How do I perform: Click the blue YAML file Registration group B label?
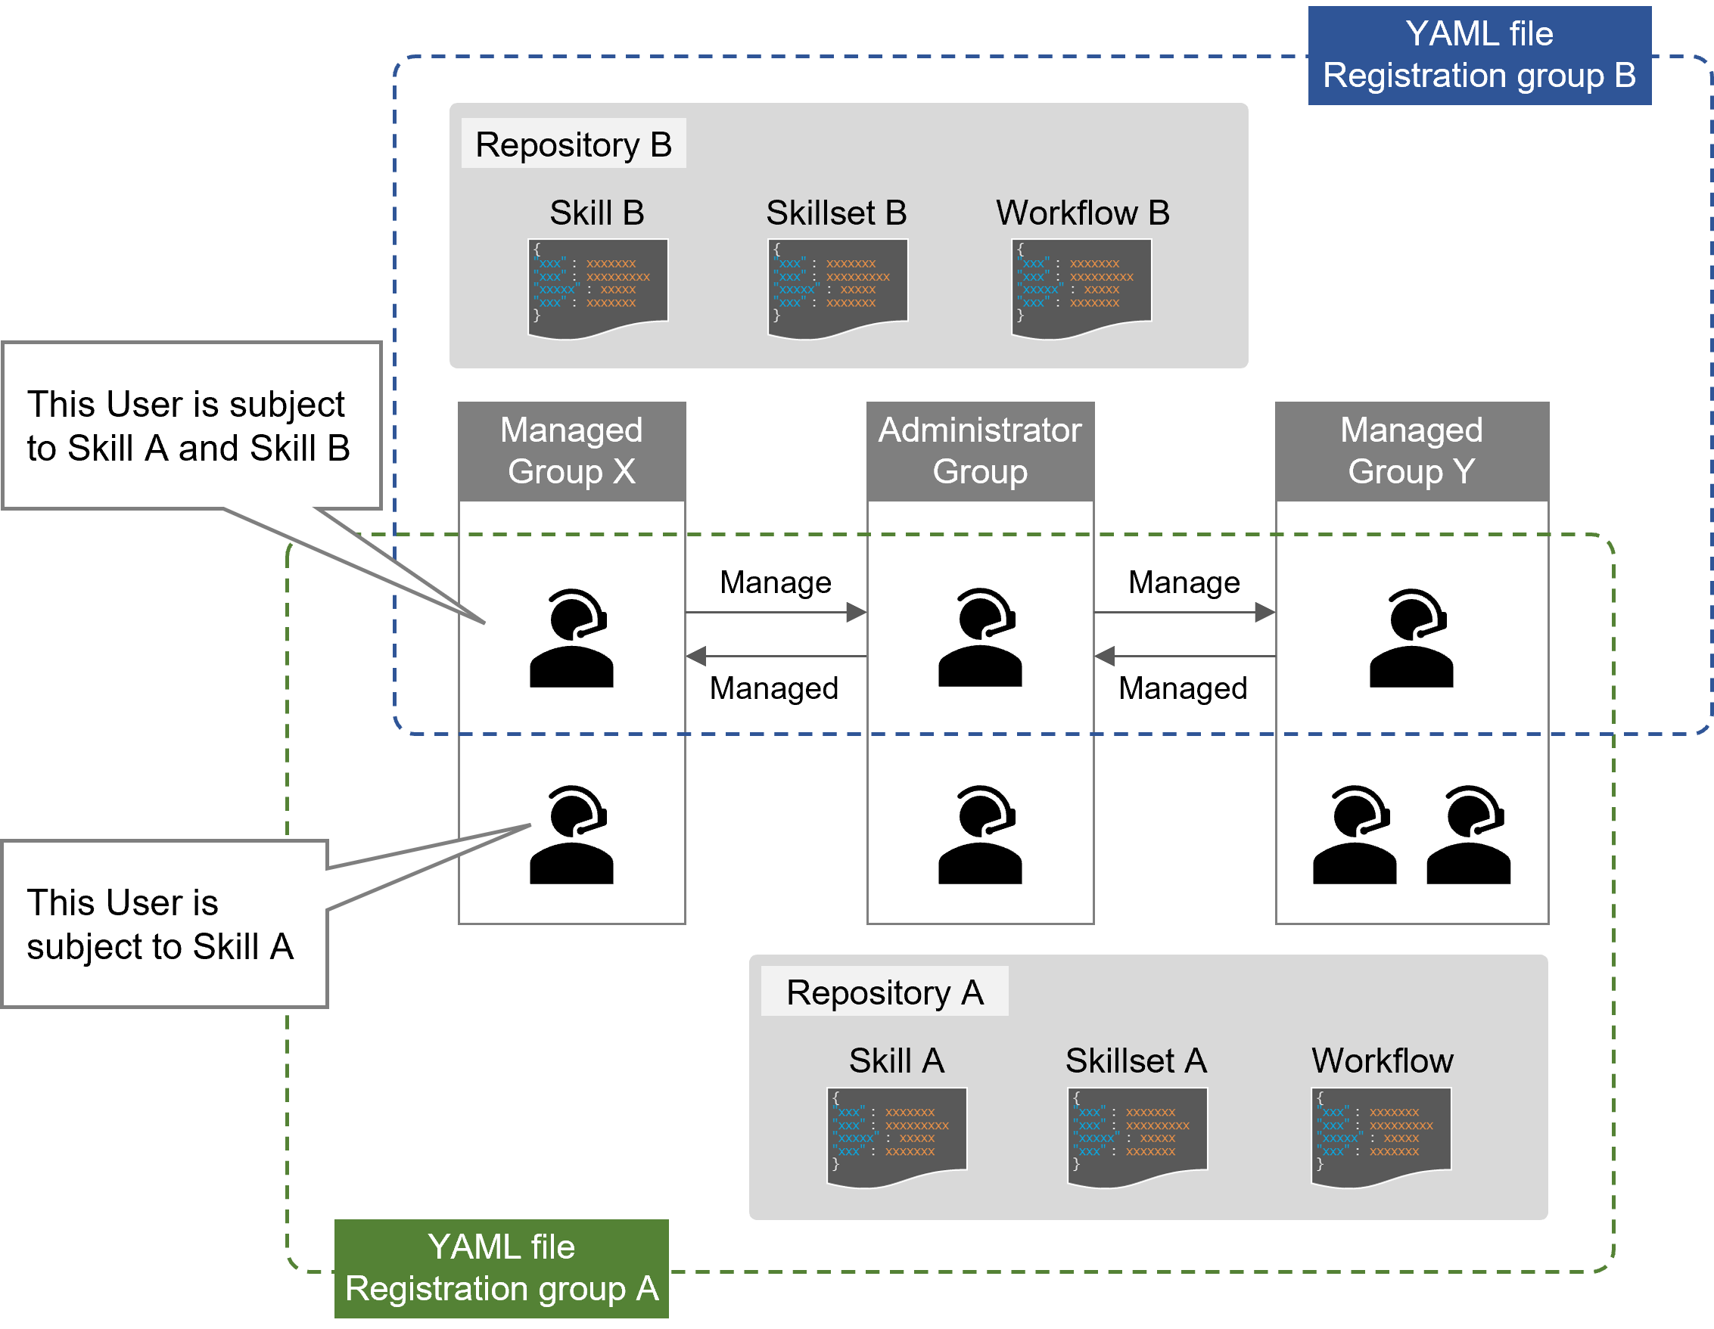pos(1479,55)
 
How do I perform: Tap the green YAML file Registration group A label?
pos(502,1268)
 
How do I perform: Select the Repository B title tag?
pos(574,144)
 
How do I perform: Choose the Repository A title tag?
pos(885,992)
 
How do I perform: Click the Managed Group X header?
pos(571,451)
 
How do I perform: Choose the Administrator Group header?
pos(979,451)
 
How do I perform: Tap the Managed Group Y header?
pos(1411,451)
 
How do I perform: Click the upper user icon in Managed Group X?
pos(571,638)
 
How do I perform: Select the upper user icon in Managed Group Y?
pos(1411,638)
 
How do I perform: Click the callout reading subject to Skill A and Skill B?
pos(191,426)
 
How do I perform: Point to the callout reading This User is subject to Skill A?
pos(164,924)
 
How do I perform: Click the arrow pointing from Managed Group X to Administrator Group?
pos(776,612)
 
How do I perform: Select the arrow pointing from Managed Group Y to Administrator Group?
pos(1185,656)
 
